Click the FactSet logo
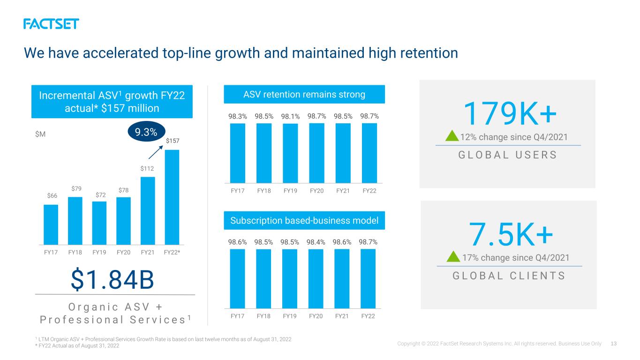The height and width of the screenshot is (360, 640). click(51, 24)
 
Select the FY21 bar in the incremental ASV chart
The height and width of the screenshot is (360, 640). click(148, 211)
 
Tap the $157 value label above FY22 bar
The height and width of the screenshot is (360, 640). click(173, 141)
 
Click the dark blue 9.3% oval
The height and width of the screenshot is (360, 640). click(146, 132)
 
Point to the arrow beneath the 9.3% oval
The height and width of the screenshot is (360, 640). click(156, 152)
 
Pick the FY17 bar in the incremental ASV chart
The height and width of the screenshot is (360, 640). click(51, 225)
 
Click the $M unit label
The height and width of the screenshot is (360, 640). click(40, 134)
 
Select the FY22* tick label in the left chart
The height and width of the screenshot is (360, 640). click(172, 252)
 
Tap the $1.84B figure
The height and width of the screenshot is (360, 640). click(112, 280)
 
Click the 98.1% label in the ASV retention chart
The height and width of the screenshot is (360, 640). click(290, 116)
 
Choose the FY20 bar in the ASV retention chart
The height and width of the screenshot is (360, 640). click(316, 153)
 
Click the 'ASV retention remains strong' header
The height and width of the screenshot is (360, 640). click(304, 94)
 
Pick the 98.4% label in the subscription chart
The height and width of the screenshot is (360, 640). click(316, 242)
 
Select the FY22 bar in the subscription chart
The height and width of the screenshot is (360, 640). click(368, 278)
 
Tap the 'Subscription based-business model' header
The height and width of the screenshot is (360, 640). click(304, 220)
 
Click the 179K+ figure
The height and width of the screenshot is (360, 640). click(510, 113)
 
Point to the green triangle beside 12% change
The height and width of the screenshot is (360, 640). click(452, 136)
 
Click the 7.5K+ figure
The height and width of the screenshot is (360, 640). click(511, 234)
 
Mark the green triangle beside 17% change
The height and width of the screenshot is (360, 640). click(453, 256)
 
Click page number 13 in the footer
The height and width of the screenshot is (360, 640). click(614, 344)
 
